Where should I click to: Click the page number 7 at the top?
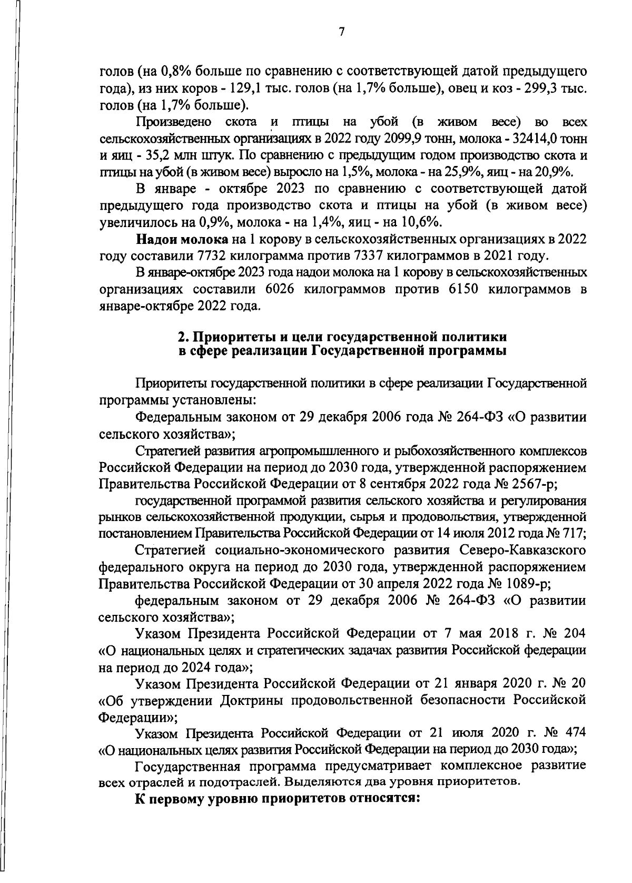pyautogui.click(x=341, y=33)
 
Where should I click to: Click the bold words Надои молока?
pyautogui.click(x=182, y=240)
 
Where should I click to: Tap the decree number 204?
pyautogui.click(x=574, y=633)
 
